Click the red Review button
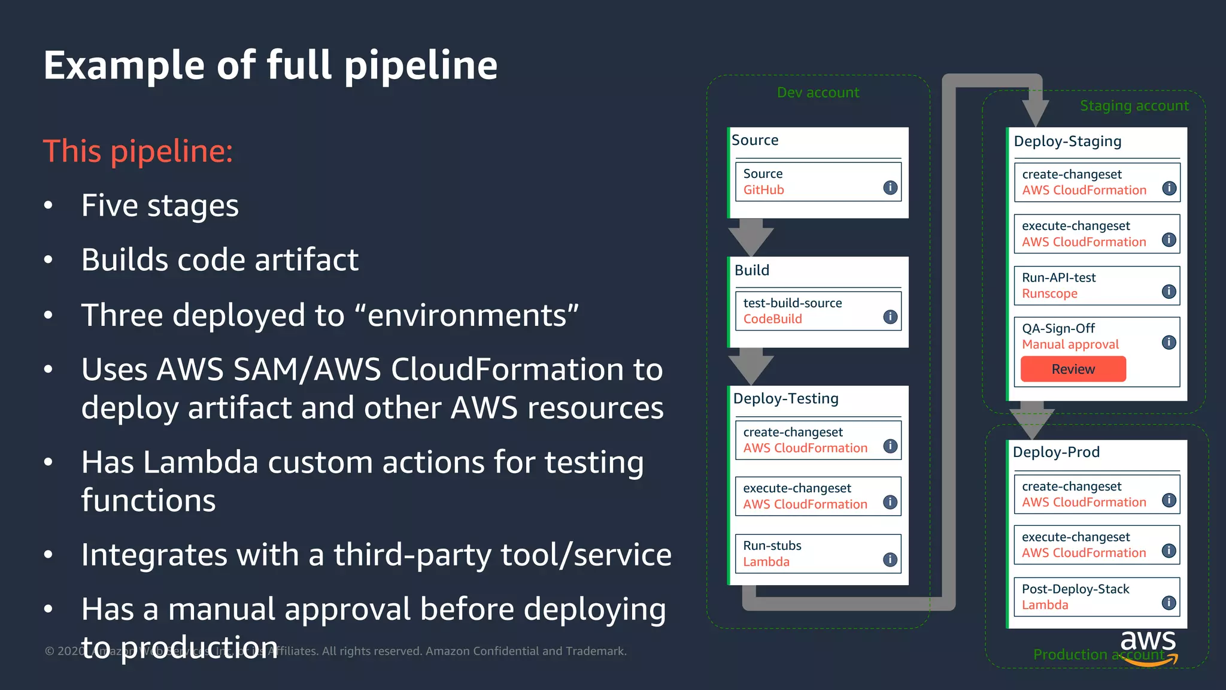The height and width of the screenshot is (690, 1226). click(1073, 369)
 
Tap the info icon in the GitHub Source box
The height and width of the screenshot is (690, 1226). click(890, 187)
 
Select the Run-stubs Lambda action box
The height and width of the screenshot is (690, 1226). click(818, 553)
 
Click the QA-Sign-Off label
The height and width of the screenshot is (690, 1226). click(1058, 328)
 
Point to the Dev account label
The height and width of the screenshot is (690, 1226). click(818, 92)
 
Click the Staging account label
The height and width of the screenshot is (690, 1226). click(1134, 105)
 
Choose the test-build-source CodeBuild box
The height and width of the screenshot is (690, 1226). click(818, 311)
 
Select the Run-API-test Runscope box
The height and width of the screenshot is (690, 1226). click(1096, 286)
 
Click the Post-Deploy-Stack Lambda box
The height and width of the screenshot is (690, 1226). click(1096, 597)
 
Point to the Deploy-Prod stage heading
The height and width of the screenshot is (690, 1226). click(1056, 452)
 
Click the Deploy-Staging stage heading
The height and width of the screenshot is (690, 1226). click(1067, 141)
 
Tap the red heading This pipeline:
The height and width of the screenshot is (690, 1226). click(138, 151)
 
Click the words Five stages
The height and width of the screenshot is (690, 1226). click(160, 205)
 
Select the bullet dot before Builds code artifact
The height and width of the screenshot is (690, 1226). click(48, 260)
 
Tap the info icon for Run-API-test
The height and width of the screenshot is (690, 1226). click(1169, 292)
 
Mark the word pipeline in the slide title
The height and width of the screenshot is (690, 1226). click(420, 65)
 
